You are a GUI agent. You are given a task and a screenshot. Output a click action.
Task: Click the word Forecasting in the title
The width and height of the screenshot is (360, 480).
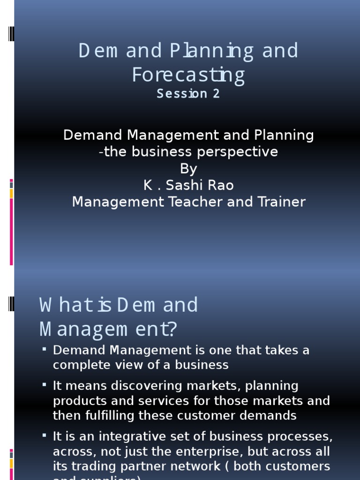click(188, 75)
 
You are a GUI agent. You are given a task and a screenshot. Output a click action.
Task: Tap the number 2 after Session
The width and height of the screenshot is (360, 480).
click(216, 94)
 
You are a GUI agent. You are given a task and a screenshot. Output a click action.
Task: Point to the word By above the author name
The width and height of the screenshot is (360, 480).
click(188, 169)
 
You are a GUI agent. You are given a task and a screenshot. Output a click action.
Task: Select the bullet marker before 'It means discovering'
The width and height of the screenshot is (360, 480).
click(44, 384)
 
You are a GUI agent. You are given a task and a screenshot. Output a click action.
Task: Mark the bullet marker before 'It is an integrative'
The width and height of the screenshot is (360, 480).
click(44, 435)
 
